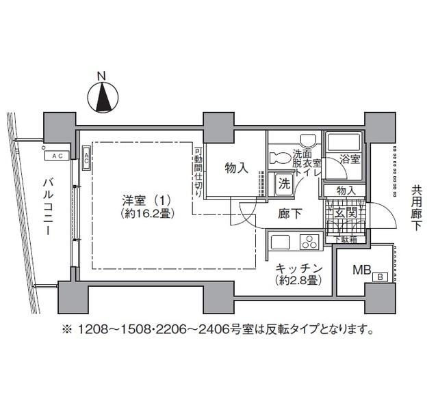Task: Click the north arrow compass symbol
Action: click(x=102, y=96)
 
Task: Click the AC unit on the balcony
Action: click(x=56, y=155)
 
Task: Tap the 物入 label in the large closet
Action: click(x=235, y=168)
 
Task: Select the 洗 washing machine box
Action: click(x=283, y=183)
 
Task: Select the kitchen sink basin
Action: click(x=281, y=242)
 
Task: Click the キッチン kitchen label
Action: click(x=299, y=268)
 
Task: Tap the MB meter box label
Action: click(x=361, y=268)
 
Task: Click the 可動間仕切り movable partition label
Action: click(x=197, y=172)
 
